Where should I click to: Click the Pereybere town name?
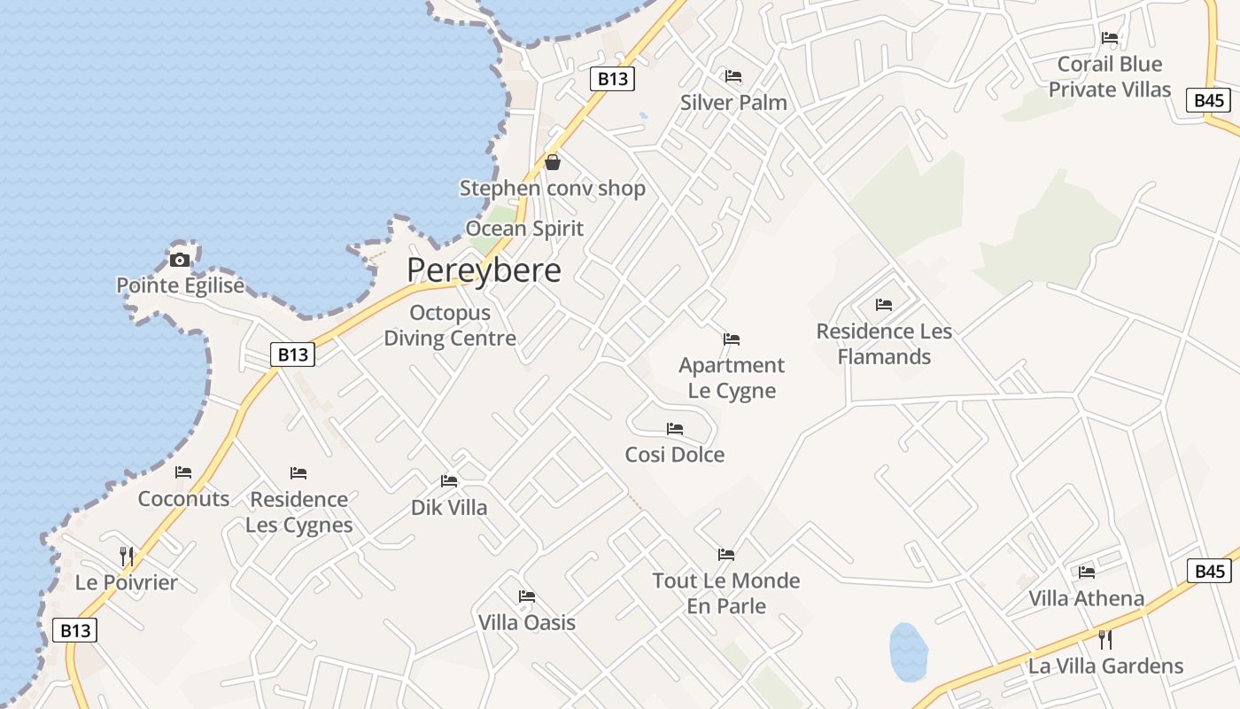click(x=484, y=270)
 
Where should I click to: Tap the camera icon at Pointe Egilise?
click(x=180, y=260)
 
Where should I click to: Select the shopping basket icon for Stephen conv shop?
click(x=553, y=162)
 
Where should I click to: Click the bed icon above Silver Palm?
click(x=733, y=76)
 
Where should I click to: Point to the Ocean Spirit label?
click(x=524, y=229)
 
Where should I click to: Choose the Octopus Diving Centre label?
click(x=450, y=325)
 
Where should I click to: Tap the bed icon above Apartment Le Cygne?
click(x=732, y=339)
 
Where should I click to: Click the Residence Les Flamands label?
click(x=884, y=344)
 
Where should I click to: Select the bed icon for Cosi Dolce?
click(x=675, y=429)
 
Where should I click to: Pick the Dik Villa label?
click(x=449, y=508)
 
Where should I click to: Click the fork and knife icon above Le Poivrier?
click(x=127, y=557)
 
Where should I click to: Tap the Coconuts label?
click(x=183, y=499)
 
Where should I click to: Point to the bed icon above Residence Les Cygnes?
click(x=298, y=473)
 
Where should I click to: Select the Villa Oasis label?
click(x=527, y=623)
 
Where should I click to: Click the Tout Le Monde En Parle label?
click(x=726, y=594)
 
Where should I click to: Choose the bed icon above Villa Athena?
click(x=1087, y=573)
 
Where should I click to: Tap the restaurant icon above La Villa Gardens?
click(x=1105, y=640)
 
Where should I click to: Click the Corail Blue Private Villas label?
click(x=1110, y=77)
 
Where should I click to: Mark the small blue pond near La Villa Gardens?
click(x=908, y=652)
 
